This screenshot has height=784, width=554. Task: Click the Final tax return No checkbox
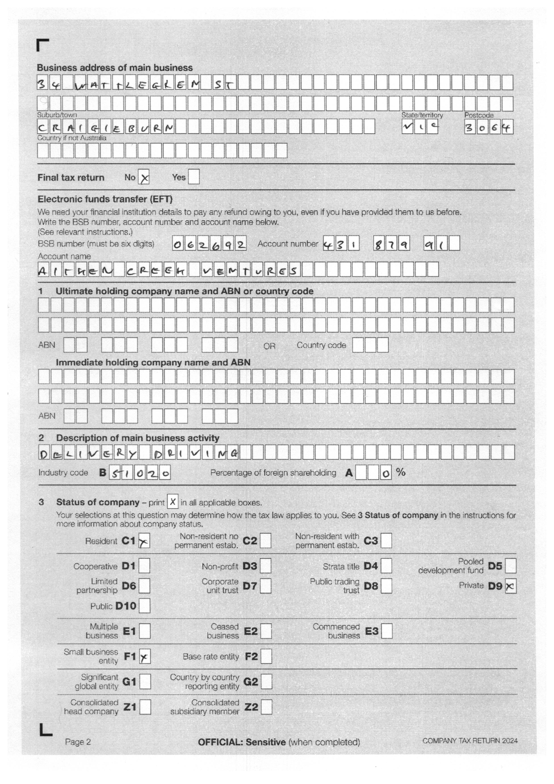[x=144, y=178]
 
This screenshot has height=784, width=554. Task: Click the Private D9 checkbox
[x=510, y=586]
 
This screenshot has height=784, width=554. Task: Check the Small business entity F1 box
[x=145, y=657]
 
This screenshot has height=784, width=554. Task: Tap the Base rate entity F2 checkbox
[x=266, y=657]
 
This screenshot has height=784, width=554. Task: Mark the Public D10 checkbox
[x=145, y=606]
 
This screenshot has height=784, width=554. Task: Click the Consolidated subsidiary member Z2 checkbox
[x=267, y=707]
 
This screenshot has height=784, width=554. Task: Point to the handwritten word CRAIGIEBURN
[x=106, y=128]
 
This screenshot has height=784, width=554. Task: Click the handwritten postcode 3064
[x=489, y=128]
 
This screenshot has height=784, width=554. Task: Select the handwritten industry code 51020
[x=140, y=473]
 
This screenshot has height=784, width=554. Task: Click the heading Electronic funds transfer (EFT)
[x=105, y=199]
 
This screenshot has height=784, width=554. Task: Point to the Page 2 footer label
[x=78, y=742]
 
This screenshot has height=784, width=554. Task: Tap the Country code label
[x=321, y=345]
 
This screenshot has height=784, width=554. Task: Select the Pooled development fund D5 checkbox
[x=510, y=566]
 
